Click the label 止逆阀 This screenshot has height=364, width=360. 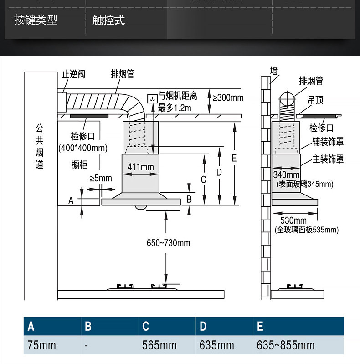pos(73,74)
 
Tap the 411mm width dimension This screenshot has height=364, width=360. pos(140,167)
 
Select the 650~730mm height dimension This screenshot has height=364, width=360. pos(168,243)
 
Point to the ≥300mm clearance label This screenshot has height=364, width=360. pos(228,97)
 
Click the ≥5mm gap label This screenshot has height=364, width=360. pos(101,178)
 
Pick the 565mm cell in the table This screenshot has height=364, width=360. pos(159,345)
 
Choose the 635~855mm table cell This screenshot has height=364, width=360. pos(285,345)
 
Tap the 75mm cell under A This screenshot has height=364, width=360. pos(41,345)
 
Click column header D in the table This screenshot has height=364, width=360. pos(203,326)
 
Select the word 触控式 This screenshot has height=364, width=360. pos(108,21)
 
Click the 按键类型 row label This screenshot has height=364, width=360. pos(36,21)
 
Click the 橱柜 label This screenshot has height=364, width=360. pos(79,165)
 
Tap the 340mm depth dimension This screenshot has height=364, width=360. pos(286,174)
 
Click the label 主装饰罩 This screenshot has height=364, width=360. pos(328,159)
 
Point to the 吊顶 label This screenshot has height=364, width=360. pos(316,100)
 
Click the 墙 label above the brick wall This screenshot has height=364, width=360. pos(274,71)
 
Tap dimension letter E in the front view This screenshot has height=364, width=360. pos(234,158)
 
